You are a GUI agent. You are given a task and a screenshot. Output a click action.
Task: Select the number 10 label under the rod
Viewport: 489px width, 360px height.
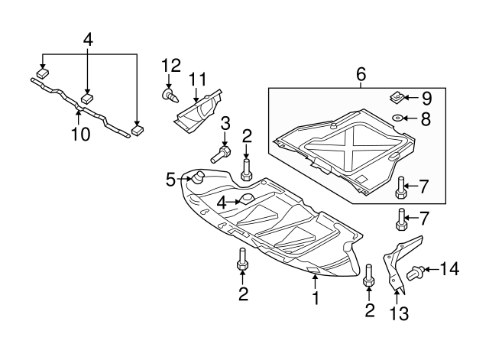(80, 135)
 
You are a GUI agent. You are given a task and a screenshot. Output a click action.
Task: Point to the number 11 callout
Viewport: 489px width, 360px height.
(198, 79)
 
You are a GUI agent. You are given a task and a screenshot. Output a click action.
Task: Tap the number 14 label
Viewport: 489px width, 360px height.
(450, 268)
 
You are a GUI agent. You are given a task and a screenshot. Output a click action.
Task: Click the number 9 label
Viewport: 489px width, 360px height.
(426, 98)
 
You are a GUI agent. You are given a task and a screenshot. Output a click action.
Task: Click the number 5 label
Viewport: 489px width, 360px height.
(171, 180)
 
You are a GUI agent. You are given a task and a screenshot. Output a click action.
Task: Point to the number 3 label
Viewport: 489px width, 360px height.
(225, 125)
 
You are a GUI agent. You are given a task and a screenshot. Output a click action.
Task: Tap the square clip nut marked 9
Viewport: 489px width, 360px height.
(397, 98)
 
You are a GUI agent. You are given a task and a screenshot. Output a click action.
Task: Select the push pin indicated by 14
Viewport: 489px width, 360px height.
(417, 270)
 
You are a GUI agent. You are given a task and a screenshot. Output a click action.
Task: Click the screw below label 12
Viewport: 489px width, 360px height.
(170, 96)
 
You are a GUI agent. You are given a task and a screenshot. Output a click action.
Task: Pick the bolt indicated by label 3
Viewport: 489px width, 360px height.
(220, 154)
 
